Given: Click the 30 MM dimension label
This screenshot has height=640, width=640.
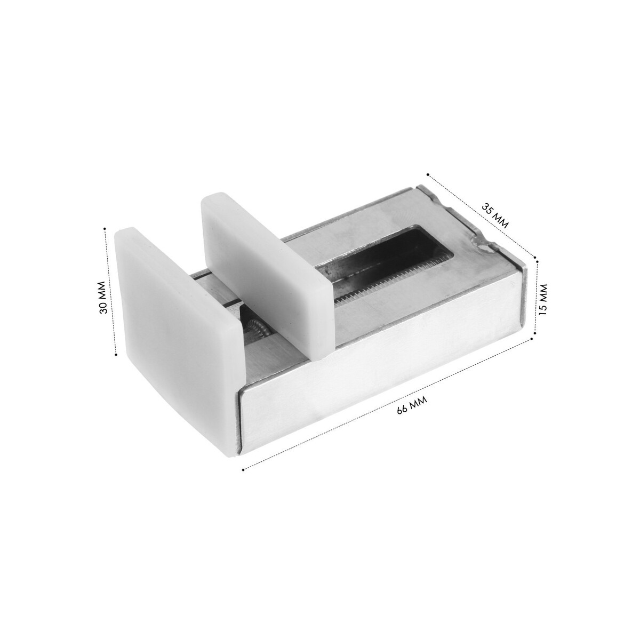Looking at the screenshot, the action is click(x=103, y=297).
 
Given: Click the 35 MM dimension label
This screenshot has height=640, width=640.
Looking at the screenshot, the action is click(x=495, y=215).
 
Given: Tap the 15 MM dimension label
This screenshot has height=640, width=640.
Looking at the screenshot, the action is click(x=543, y=299).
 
